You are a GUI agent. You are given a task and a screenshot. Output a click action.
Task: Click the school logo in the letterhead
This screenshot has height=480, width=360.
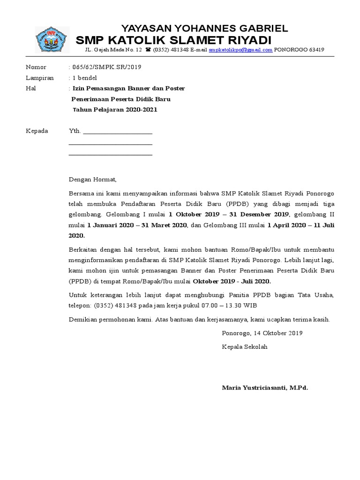click(53, 39)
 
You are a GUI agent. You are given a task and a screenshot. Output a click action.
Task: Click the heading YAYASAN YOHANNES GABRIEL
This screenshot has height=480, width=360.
click(205, 28)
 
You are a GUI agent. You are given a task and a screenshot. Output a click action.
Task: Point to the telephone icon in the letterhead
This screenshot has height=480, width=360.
click(148, 50)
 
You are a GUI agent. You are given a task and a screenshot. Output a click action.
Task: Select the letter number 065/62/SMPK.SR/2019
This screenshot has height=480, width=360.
click(105, 67)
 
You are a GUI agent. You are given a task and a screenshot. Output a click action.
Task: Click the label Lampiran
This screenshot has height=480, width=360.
click(39, 78)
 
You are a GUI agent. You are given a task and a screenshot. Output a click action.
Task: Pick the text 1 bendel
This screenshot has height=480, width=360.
click(83, 78)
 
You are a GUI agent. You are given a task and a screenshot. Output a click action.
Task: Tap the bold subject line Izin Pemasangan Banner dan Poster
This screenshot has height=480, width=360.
click(127, 88)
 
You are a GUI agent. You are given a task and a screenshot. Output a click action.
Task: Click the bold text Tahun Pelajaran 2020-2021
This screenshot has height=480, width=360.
click(115, 110)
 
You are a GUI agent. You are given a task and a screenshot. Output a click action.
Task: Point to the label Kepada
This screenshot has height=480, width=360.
click(37, 131)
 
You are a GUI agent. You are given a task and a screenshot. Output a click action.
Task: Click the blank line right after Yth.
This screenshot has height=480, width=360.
click(118, 132)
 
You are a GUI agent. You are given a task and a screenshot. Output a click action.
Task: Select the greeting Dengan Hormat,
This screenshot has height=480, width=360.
click(92, 179)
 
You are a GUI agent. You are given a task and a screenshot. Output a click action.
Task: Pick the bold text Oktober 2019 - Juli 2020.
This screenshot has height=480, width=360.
click(232, 281)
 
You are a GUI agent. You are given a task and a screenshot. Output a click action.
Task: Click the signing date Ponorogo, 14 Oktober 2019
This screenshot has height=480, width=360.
click(262, 333)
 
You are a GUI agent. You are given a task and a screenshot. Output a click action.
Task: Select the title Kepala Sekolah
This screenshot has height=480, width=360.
click(244, 347)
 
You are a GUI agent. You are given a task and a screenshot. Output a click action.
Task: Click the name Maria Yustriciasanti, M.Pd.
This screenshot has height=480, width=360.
click(265, 388)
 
